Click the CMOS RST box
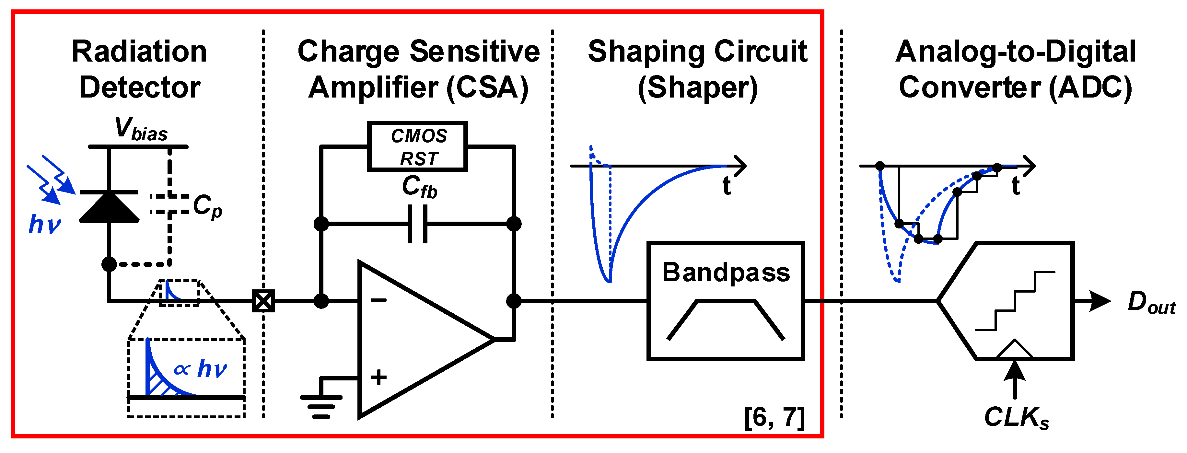[x=417, y=146]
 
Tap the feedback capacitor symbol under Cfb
[x=417, y=224]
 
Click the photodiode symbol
[x=109, y=207]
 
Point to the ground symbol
[x=321, y=406]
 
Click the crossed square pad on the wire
[x=263, y=301]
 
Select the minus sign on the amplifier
[x=379, y=300]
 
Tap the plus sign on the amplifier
[x=379, y=377]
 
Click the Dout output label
[x=1151, y=303]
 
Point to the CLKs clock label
[x=1016, y=417]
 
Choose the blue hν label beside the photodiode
[x=45, y=225]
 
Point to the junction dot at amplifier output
[x=513, y=301]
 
